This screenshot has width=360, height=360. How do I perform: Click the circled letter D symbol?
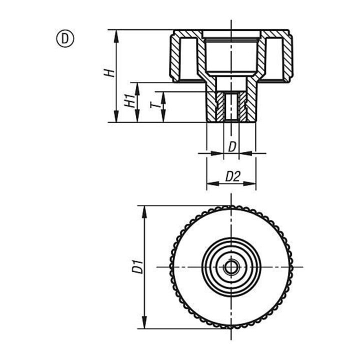(x=65, y=39)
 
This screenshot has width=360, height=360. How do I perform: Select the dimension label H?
(x=109, y=73)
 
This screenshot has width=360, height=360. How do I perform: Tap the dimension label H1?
(x=130, y=101)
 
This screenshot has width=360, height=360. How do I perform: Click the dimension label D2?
(x=232, y=176)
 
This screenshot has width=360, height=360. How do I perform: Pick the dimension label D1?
(x=137, y=267)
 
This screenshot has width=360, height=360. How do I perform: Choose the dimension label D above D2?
(x=232, y=147)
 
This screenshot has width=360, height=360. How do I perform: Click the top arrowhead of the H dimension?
(x=116, y=36)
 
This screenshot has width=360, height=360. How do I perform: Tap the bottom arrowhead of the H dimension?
(x=116, y=116)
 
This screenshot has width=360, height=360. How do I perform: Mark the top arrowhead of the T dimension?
(x=163, y=97)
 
